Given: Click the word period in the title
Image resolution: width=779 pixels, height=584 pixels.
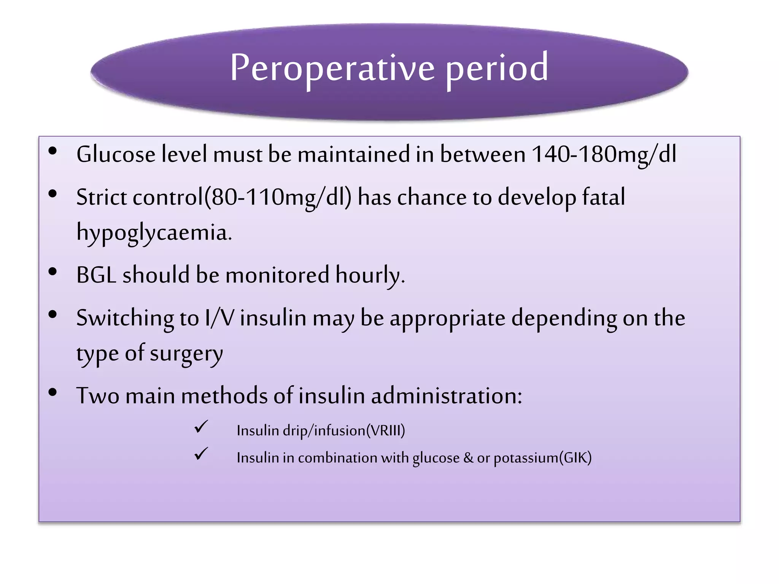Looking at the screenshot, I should (x=497, y=68).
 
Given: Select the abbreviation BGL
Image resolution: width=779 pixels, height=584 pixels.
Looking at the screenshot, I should (x=96, y=275).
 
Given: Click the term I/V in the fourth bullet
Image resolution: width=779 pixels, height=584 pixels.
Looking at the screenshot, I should (x=219, y=318).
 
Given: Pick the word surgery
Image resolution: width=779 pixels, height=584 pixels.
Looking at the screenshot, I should (x=186, y=354).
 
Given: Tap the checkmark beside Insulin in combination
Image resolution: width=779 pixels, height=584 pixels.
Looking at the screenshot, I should (x=201, y=454).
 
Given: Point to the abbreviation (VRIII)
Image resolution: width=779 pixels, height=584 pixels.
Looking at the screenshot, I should (x=385, y=431).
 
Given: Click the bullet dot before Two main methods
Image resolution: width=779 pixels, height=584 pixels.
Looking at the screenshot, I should (x=53, y=392).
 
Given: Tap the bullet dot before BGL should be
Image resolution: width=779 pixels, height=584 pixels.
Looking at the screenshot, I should (x=53, y=271).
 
